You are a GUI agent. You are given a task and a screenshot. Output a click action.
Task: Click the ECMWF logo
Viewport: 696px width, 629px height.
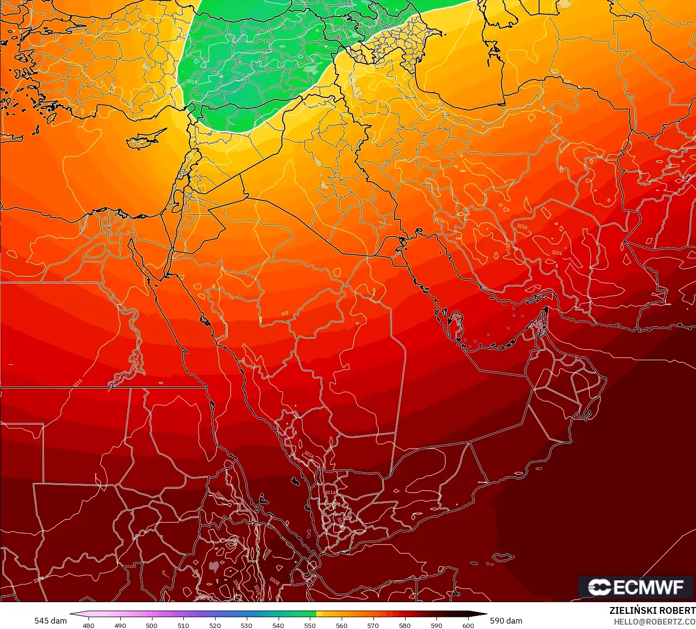tap(636, 587)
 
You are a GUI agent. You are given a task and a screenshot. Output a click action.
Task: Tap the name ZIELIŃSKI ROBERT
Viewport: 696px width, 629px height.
tap(652, 610)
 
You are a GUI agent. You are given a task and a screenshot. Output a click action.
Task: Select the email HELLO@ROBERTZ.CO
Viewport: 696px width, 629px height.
tap(654, 621)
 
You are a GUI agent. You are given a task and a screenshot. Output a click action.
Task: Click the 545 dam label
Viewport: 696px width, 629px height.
tap(50, 621)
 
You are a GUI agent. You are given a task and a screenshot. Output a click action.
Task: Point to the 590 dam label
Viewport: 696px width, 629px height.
tap(506, 621)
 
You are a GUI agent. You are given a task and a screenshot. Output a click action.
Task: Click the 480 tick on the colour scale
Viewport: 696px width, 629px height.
tap(88, 625)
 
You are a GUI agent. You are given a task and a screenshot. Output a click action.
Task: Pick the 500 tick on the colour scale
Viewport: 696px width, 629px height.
tap(152, 625)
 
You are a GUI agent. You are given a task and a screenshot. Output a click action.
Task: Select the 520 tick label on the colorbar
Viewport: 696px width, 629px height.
tap(215, 625)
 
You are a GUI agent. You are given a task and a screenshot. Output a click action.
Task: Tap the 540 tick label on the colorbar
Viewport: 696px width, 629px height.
tap(278, 625)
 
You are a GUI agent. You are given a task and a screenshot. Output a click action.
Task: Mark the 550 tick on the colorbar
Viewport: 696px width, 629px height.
tap(310, 625)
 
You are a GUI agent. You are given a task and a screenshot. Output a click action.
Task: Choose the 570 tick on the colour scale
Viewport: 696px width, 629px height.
tap(373, 625)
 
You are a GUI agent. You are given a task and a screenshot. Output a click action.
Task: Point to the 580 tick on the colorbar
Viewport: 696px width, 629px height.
tap(405, 625)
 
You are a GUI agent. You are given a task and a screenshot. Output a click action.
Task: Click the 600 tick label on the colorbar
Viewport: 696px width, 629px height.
tap(468, 625)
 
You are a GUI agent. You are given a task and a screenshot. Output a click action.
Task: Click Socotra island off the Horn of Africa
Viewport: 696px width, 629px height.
tap(503, 558)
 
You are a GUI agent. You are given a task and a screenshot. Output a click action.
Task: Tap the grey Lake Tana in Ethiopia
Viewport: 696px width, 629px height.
tap(213, 566)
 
